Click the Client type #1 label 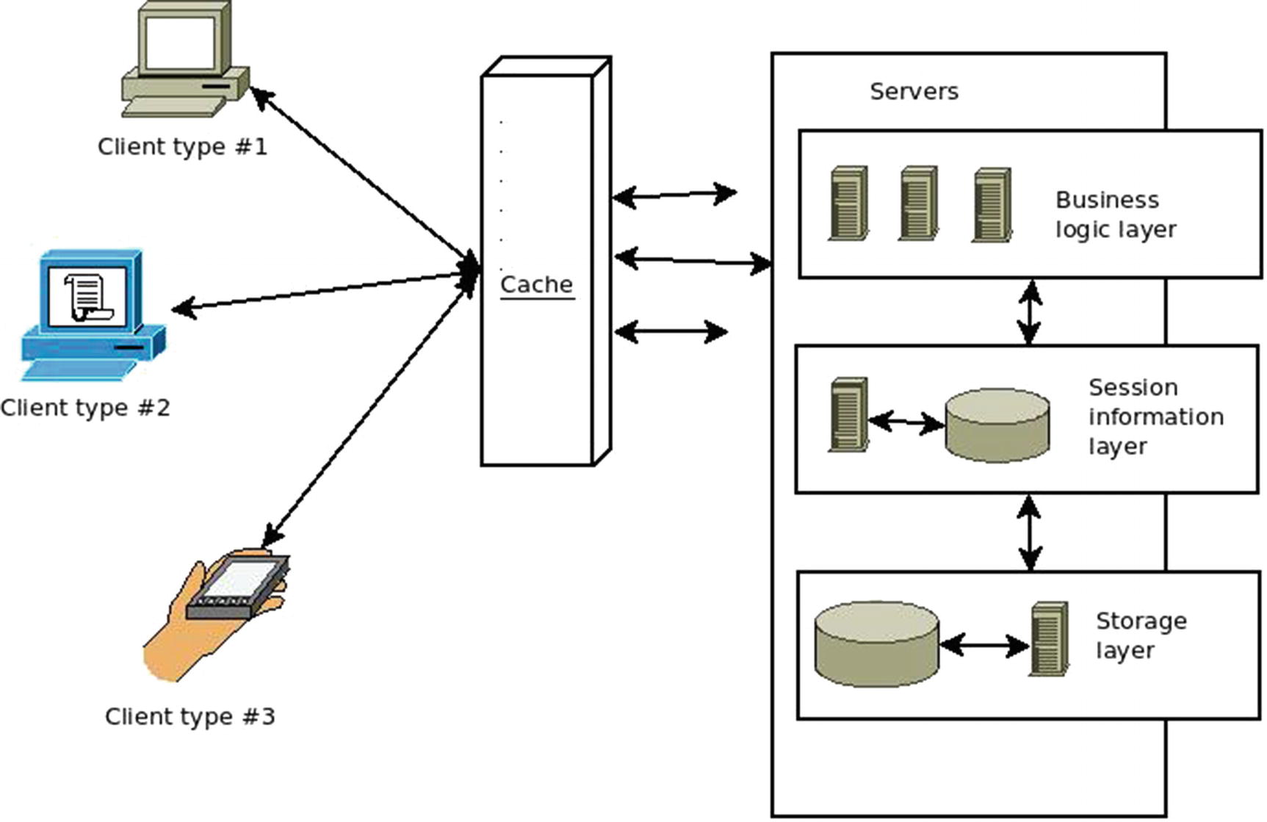182,147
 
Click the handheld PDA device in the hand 237,588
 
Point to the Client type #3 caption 189,716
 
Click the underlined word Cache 536,285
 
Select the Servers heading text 914,92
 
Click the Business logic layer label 1115,214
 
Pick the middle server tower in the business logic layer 918,203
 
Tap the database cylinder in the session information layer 997,425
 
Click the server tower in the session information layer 848,414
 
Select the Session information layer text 1155,417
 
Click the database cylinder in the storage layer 876,645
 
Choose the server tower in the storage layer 1049,639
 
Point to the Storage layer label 1140,635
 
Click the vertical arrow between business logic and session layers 1030,312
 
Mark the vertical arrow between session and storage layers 1030,533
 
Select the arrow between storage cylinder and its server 984,646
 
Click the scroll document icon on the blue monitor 88,296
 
